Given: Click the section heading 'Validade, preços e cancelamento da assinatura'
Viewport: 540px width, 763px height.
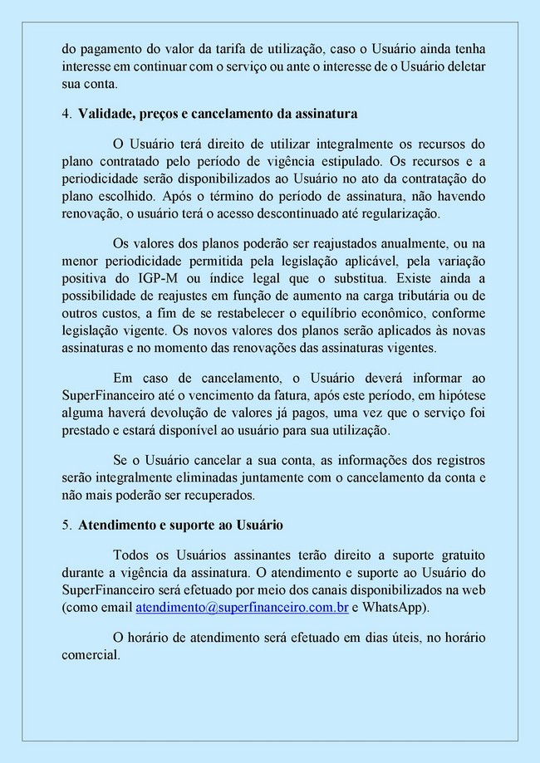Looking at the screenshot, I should tap(218, 113).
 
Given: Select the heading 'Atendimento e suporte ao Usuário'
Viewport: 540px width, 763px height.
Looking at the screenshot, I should tap(180, 526).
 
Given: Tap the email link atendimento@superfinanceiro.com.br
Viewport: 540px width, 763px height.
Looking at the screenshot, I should tap(242, 608).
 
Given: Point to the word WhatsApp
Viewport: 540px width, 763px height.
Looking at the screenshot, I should tap(395, 608).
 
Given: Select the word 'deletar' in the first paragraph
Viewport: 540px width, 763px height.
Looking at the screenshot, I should tap(465, 65).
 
